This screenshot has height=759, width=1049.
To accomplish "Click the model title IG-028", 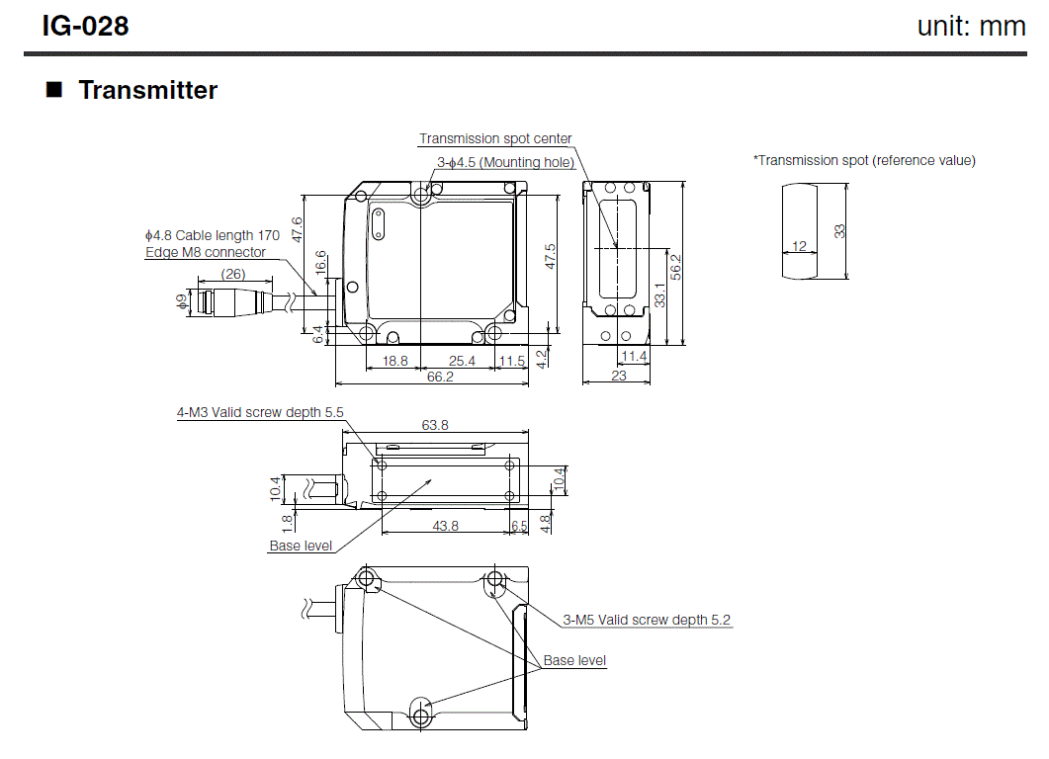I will (x=85, y=26).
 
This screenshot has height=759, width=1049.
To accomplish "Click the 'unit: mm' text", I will (x=971, y=26).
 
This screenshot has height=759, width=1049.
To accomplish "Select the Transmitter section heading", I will (x=147, y=90).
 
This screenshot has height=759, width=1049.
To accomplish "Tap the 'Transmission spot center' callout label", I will (x=495, y=139).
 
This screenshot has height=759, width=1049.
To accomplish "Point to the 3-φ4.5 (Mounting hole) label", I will (x=505, y=162).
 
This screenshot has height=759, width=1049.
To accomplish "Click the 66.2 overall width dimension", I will (x=440, y=377).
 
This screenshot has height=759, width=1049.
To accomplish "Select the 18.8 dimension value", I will (x=394, y=361).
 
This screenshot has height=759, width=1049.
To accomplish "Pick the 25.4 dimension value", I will (x=462, y=361).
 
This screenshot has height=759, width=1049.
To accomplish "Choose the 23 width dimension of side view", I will (x=619, y=377).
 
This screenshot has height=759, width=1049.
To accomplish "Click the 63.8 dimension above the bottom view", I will (x=435, y=426).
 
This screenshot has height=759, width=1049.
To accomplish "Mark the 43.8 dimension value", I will (x=446, y=526).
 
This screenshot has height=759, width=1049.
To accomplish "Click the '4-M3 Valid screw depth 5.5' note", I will (x=260, y=412).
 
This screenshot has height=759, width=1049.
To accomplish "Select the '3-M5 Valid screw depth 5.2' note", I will (x=647, y=620).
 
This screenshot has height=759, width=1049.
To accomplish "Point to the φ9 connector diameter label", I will (x=181, y=302).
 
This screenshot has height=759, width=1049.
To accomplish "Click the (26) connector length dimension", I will (x=233, y=274).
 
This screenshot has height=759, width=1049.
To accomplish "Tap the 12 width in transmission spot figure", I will (x=799, y=245).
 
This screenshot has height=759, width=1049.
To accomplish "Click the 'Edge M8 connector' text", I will (x=205, y=252).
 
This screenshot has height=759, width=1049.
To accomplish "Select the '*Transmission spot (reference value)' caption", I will (x=864, y=160).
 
